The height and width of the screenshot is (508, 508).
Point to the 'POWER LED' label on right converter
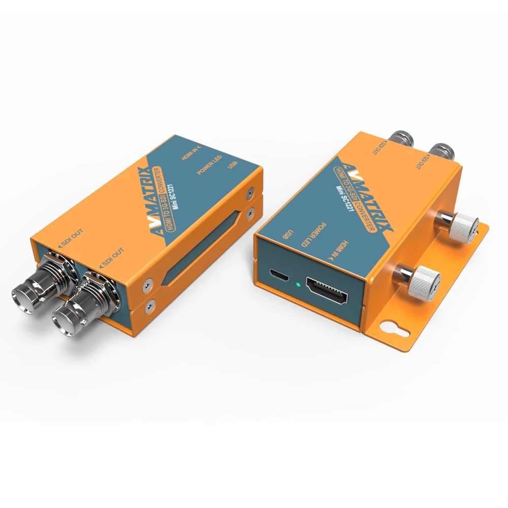tap(310, 235)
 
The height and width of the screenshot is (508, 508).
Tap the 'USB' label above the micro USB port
tap(287, 235)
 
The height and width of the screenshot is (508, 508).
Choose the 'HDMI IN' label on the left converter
tap(192, 153)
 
